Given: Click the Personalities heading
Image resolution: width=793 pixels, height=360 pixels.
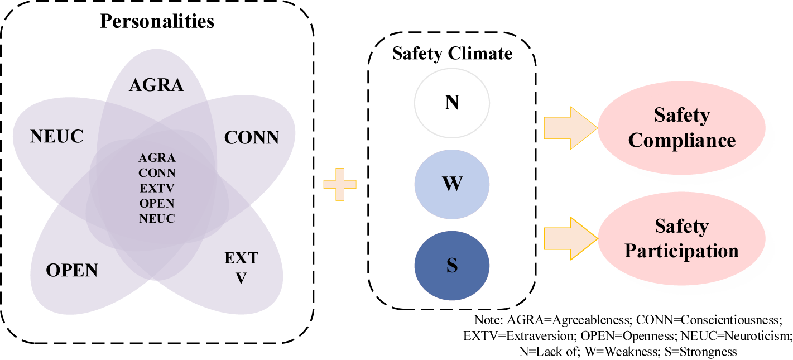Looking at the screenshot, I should coord(157,21).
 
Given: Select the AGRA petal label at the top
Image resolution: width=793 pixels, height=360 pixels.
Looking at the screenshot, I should coord(156,85).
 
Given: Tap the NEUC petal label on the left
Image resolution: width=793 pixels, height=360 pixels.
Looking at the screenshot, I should coord(57,136).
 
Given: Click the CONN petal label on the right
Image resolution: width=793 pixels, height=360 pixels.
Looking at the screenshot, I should coord(252,137).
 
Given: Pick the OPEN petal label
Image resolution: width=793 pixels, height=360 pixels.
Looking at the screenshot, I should coord(72,271).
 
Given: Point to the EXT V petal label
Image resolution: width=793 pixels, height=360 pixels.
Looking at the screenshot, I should coord(242,268).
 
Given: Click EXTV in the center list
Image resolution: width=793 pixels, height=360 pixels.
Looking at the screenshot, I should coord(157,188).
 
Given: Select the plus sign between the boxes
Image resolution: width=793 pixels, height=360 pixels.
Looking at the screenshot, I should coord(340,185).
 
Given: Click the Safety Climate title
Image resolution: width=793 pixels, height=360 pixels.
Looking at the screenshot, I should coord(452,54).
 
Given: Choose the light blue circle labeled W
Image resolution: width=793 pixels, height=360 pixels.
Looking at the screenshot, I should coord(452,184).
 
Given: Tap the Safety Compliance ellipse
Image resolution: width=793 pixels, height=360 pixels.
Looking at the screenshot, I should coord(681,128).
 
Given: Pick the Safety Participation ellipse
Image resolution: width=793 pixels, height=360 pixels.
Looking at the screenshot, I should coord(681,238).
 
